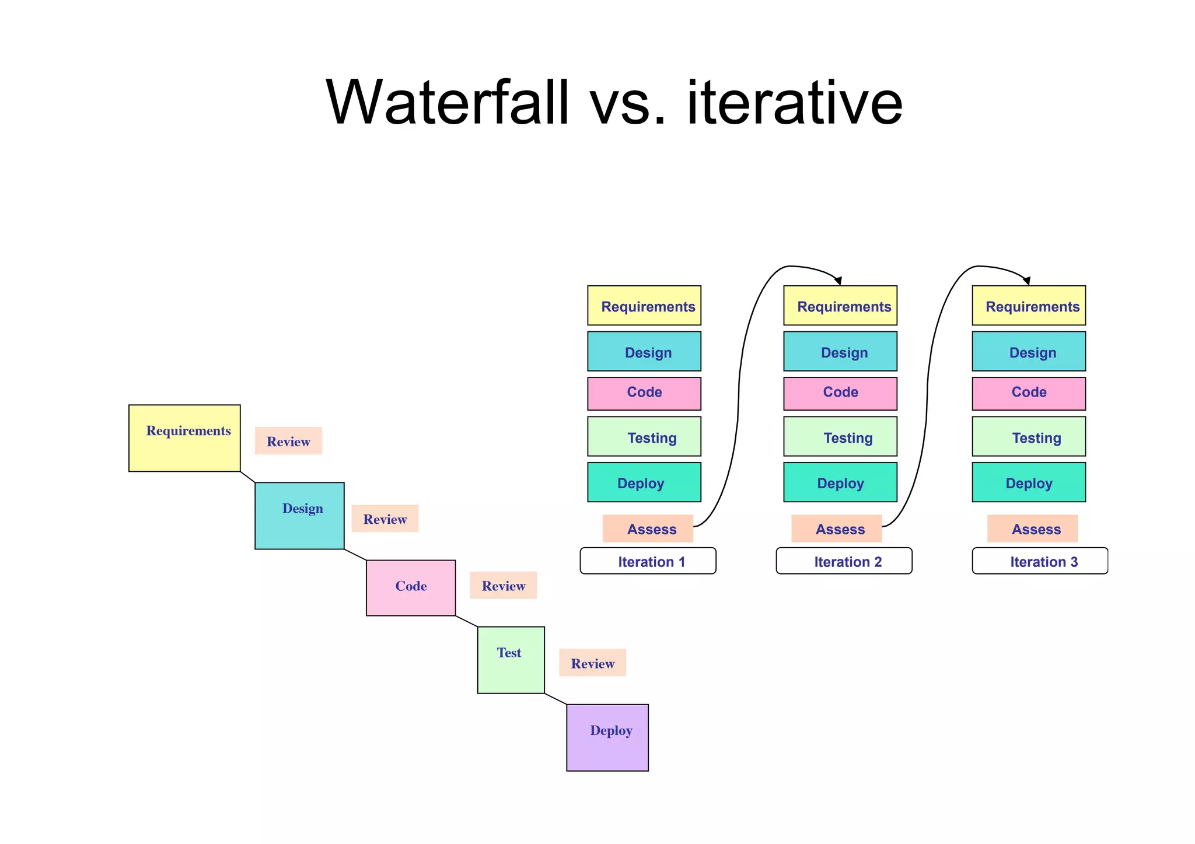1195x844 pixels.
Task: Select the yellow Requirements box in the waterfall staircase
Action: pos(184,438)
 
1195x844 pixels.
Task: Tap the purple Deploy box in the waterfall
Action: pos(607,737)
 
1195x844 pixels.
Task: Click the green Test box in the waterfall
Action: pos(511,660)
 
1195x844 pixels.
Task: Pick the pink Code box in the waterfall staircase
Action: pos(411,587)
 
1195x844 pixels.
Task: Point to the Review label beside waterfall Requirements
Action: pos(288,441)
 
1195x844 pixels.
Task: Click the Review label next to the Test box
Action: pos(592,663)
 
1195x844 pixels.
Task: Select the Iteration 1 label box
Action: pos(648,561)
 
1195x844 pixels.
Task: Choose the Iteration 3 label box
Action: pos(1040,561)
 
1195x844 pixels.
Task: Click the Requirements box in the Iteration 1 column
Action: pos(644,306)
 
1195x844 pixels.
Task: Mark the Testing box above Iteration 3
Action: pos(1029,436)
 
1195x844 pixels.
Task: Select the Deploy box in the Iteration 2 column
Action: pos(840,482)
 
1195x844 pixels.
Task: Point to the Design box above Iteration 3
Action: pos(1029,351)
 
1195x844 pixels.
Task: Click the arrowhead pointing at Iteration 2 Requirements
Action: pos(838,281)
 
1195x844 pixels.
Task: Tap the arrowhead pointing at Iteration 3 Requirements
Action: pos(1027,281)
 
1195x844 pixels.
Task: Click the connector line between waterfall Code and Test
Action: pos(467,621)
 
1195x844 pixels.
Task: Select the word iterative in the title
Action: pos(795,103)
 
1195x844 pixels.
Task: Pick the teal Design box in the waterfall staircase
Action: pos(299,516)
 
